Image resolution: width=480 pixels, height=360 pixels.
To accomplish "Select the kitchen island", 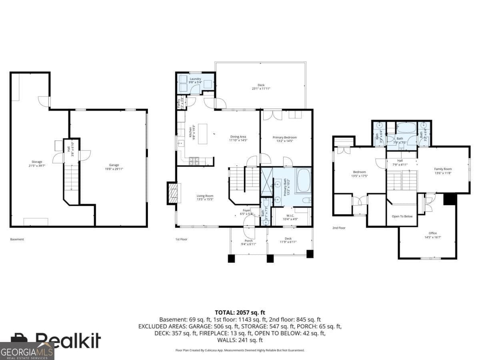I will (203, 134).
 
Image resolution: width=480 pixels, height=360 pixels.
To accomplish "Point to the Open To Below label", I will (402, 216).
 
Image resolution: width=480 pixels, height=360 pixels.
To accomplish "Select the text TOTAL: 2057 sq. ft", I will (240, 312).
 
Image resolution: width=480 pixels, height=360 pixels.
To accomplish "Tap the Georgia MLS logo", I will (27, 351).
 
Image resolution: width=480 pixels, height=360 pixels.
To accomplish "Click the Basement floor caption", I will (17, 239).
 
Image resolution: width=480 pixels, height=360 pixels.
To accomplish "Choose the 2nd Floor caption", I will (339, 228).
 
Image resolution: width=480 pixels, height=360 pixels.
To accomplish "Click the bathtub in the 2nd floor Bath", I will (407, 128).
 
